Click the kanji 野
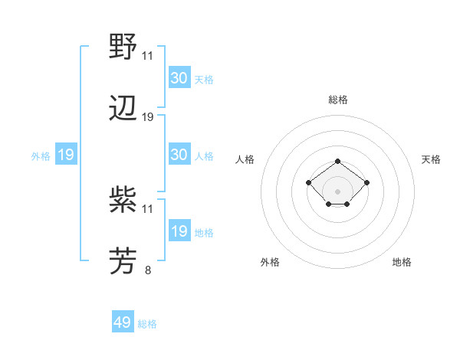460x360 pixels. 123,48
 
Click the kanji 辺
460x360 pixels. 123,110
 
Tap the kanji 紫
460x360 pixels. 123,201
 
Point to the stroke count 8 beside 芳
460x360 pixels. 148,270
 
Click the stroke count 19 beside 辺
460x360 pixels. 148,117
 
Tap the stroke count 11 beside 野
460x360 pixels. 148,56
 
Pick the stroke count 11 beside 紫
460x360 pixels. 148,208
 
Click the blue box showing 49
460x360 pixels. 123,323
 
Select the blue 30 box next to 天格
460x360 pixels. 179,78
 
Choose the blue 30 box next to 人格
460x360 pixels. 179,155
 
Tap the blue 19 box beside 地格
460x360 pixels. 179,231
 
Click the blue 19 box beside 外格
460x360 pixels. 66,155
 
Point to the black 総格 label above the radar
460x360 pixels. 338,100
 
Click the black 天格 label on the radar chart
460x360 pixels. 432,159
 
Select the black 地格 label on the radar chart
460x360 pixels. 402,262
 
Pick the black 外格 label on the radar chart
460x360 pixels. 270,262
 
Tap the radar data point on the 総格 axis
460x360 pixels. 338,161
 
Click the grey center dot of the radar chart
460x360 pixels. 338,191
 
